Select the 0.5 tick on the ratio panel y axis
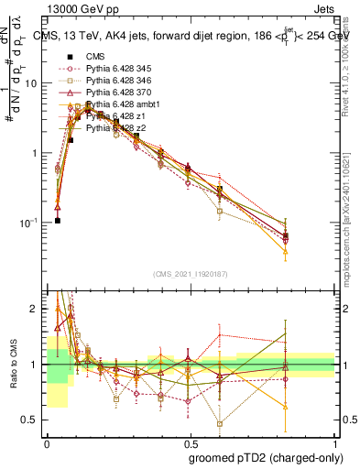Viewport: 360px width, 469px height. (33, 420)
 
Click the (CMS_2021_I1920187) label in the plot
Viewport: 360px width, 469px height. (191, 274)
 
